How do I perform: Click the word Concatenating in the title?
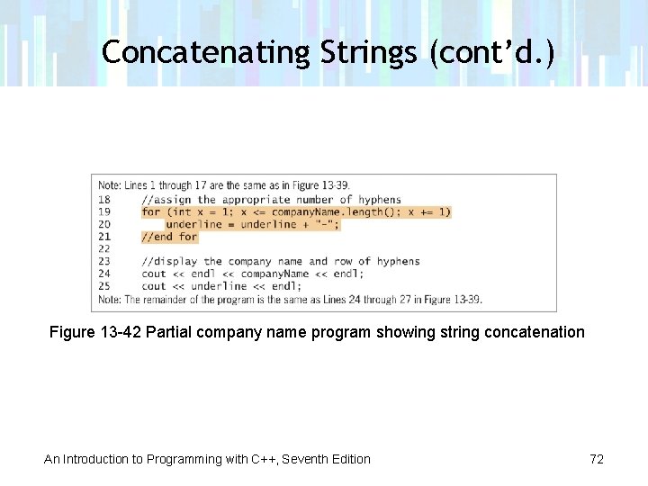[206, 52]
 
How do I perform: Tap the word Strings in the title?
[368, 52]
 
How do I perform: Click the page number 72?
[597, 459]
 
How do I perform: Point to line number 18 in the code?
[104, 200]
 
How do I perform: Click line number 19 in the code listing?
[104, 212]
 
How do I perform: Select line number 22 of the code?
[104, 248]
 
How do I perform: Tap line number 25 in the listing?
[104, 286]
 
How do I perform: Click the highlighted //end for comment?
[169, 237]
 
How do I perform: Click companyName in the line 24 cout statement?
[274, 274]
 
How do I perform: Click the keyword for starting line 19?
[150, 212]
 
